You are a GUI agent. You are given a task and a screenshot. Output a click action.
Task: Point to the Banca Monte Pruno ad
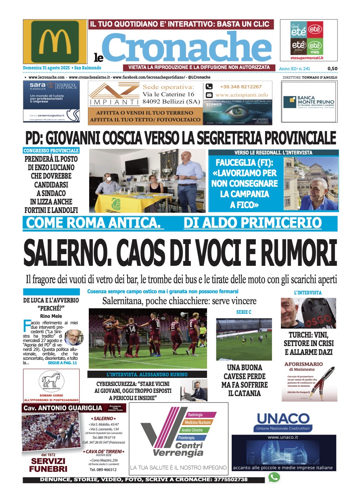click(309, 102)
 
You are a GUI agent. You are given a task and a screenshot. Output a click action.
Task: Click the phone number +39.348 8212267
click(241, 87)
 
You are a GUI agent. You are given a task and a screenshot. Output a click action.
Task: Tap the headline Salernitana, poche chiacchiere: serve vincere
click(179, 301)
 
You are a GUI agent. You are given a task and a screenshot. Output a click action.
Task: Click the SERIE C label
click(244, 312)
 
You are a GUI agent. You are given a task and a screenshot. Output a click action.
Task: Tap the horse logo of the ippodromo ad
click(51, 380)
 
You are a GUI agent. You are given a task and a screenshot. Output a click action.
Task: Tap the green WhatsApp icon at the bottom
click(274, 478)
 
